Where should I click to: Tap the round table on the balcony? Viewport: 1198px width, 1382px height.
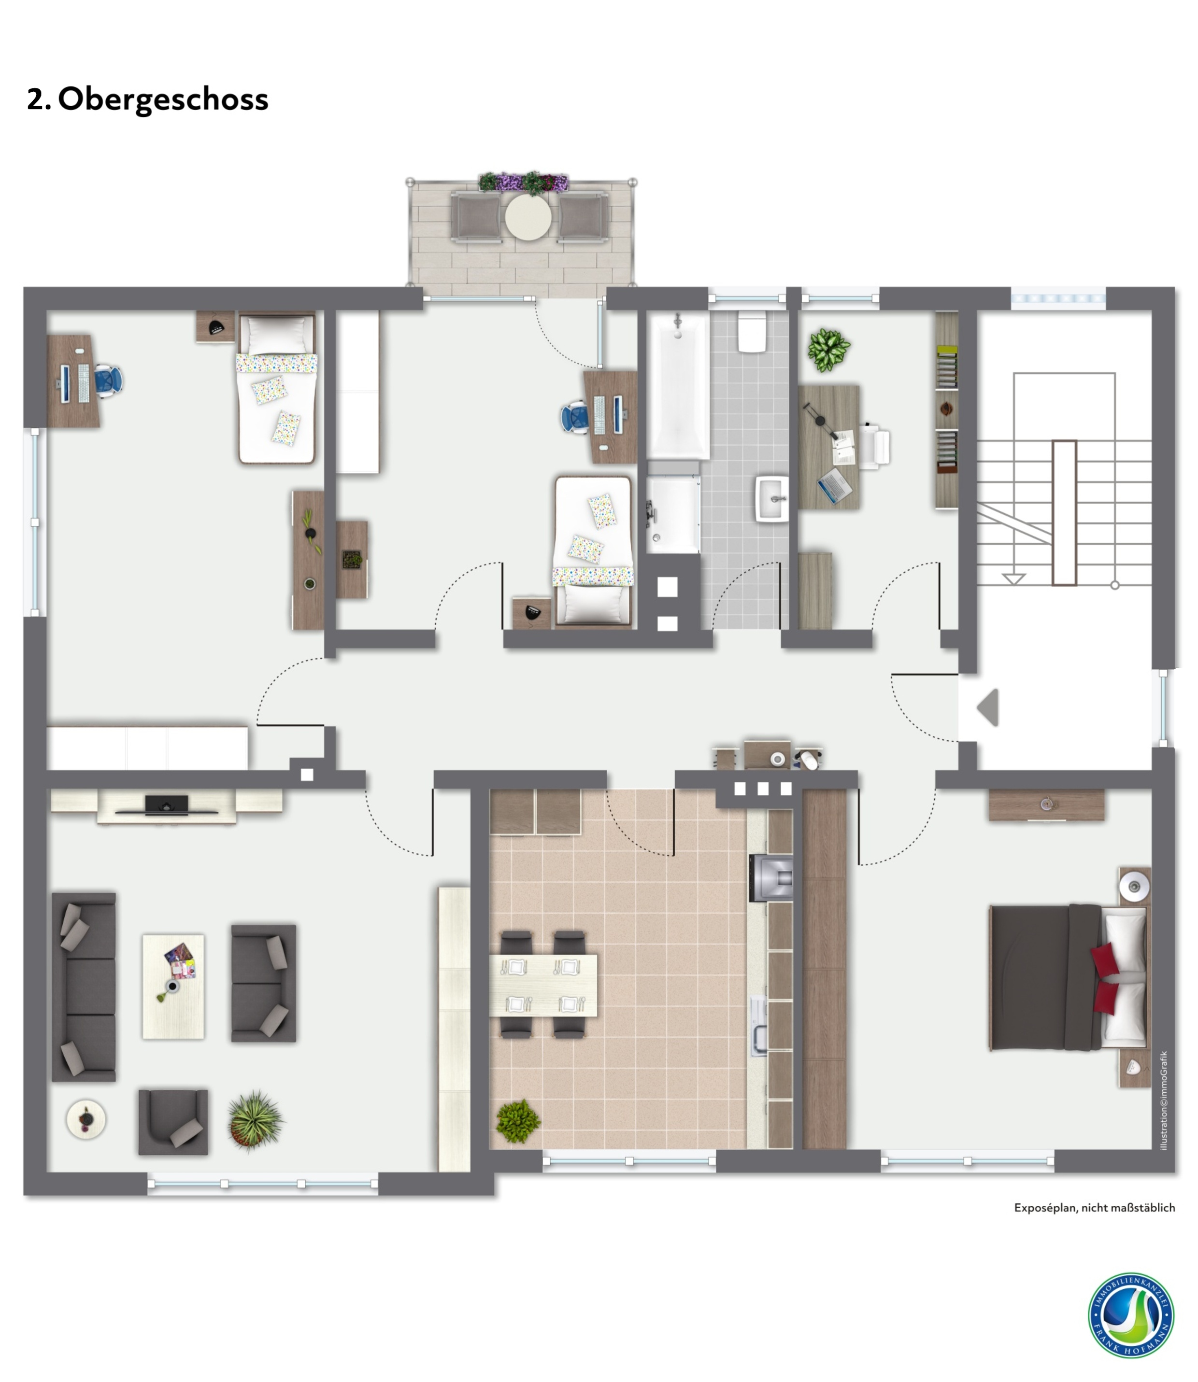528,217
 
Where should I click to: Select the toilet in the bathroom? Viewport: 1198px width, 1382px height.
752,331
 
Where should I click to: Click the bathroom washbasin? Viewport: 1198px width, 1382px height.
772,498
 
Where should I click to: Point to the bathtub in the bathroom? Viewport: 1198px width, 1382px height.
678,386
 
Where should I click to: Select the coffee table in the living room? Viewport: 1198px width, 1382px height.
173,987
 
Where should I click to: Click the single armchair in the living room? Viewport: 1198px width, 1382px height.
173,1122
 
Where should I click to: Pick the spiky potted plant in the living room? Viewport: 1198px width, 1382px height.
255,1121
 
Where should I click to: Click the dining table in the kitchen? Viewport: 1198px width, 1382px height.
543,985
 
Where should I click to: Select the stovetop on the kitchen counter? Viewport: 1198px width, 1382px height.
771,877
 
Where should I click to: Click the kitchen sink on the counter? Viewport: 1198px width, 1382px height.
759,1026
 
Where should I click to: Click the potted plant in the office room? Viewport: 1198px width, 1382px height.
829,350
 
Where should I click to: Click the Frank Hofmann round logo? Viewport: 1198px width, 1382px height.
1131,1316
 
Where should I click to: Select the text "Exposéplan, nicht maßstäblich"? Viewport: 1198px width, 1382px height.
1094,1208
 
